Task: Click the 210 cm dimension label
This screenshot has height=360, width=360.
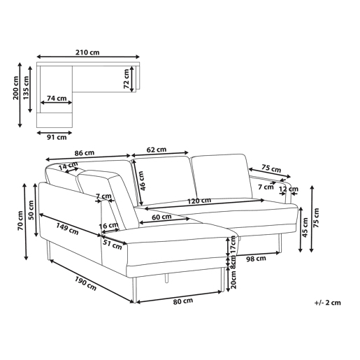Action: tap(87, 52)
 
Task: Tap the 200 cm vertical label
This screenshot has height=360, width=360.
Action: tap(16, 88)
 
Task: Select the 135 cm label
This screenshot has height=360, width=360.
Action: tap(26, 87)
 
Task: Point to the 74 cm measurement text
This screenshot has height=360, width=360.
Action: tap(57, 99)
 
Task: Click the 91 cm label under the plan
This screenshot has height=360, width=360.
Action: tap(57, 137)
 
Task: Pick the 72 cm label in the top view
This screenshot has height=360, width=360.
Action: tap(126, 79)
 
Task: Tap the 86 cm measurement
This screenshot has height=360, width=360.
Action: tap(85, 153)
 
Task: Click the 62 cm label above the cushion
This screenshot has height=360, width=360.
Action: tap(157, 150)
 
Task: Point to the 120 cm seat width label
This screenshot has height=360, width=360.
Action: tap(199, 201)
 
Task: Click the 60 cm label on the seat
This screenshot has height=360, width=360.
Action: tap(161, 217)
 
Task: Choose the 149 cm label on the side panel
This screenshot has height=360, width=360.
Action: tap(67, 229)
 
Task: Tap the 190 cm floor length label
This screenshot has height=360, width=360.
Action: tap(85, 284)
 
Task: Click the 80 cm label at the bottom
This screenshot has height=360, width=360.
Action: tap(183, 301)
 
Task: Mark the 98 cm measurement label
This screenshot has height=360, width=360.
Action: tap(256, 259)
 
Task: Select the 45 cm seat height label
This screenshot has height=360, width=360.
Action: tap(305, 227)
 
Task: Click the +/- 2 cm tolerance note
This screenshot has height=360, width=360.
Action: tap(327, 303)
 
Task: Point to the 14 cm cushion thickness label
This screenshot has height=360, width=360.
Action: tap(68, 166)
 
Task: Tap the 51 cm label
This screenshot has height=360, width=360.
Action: tap(113, 245)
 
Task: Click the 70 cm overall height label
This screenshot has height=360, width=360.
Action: tap(20, 221)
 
